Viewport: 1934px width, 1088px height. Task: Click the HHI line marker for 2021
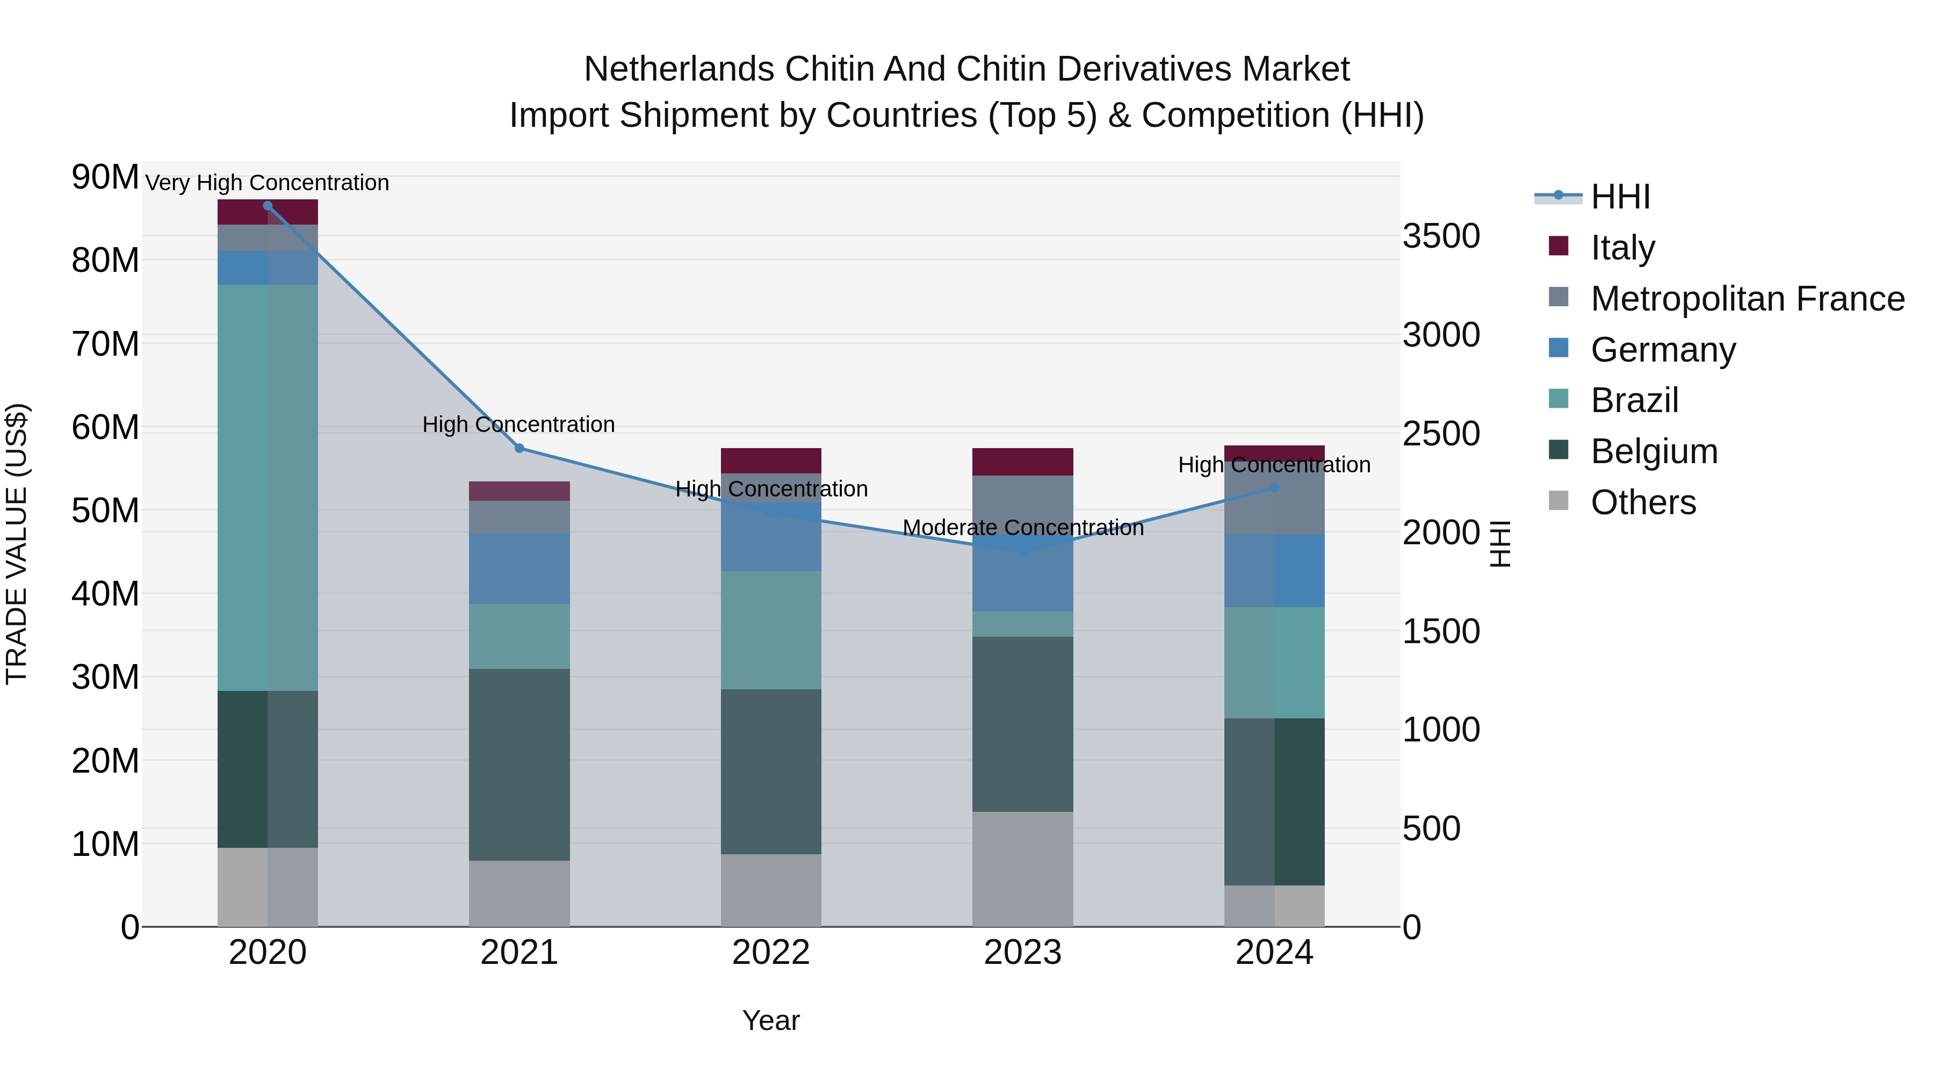point(519,448)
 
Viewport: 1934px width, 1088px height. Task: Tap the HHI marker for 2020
point(268,206)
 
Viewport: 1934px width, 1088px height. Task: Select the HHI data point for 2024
point(1274,488)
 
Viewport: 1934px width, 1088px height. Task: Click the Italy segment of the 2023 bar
point(1022,462)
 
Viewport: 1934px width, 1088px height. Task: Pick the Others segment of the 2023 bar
point(1022,869)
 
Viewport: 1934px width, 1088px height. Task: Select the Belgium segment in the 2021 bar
point(519,765)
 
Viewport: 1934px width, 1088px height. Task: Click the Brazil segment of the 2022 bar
point(771,630)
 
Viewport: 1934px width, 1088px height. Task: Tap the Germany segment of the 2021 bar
point(519,568)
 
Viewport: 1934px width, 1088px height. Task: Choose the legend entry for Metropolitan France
point(1747,299)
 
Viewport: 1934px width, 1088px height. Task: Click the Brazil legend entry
point(1634,400)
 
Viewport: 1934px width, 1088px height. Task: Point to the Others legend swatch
point(1558,501)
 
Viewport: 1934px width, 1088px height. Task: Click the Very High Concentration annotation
point(268,183)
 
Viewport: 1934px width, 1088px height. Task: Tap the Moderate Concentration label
point(1022,528)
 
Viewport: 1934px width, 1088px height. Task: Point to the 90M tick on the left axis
point(105,177)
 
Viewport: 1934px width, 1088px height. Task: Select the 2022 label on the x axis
point(771,953)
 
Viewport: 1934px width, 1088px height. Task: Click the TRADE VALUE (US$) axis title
point(17,544)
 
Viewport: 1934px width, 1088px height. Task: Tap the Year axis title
point(771,1020)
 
